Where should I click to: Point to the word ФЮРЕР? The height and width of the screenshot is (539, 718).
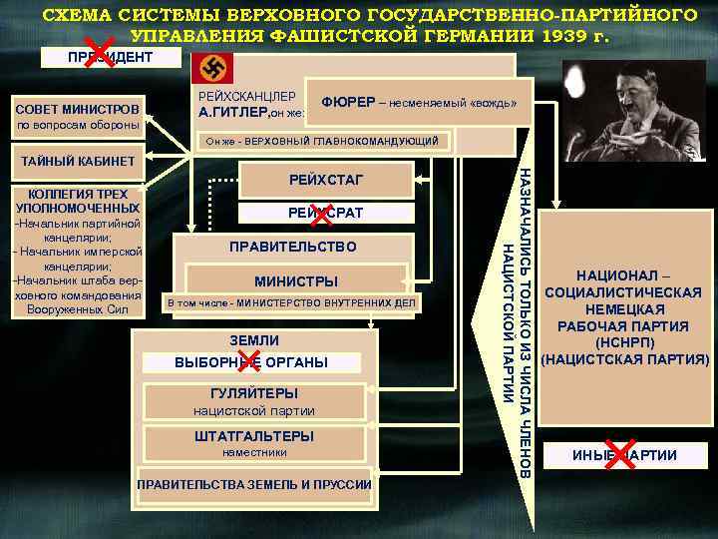(x=341, y=103)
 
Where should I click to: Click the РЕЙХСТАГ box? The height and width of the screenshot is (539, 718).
(x=326, y=180)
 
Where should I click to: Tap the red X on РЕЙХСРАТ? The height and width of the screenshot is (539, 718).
(x=322, y=213)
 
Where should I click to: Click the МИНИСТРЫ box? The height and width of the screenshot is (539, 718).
(x=296, y=280)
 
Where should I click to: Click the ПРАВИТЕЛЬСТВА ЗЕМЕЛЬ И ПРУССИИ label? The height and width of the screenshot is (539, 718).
(x=254, y=484)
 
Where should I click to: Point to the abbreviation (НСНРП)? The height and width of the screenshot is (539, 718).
(x=624, y=341)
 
